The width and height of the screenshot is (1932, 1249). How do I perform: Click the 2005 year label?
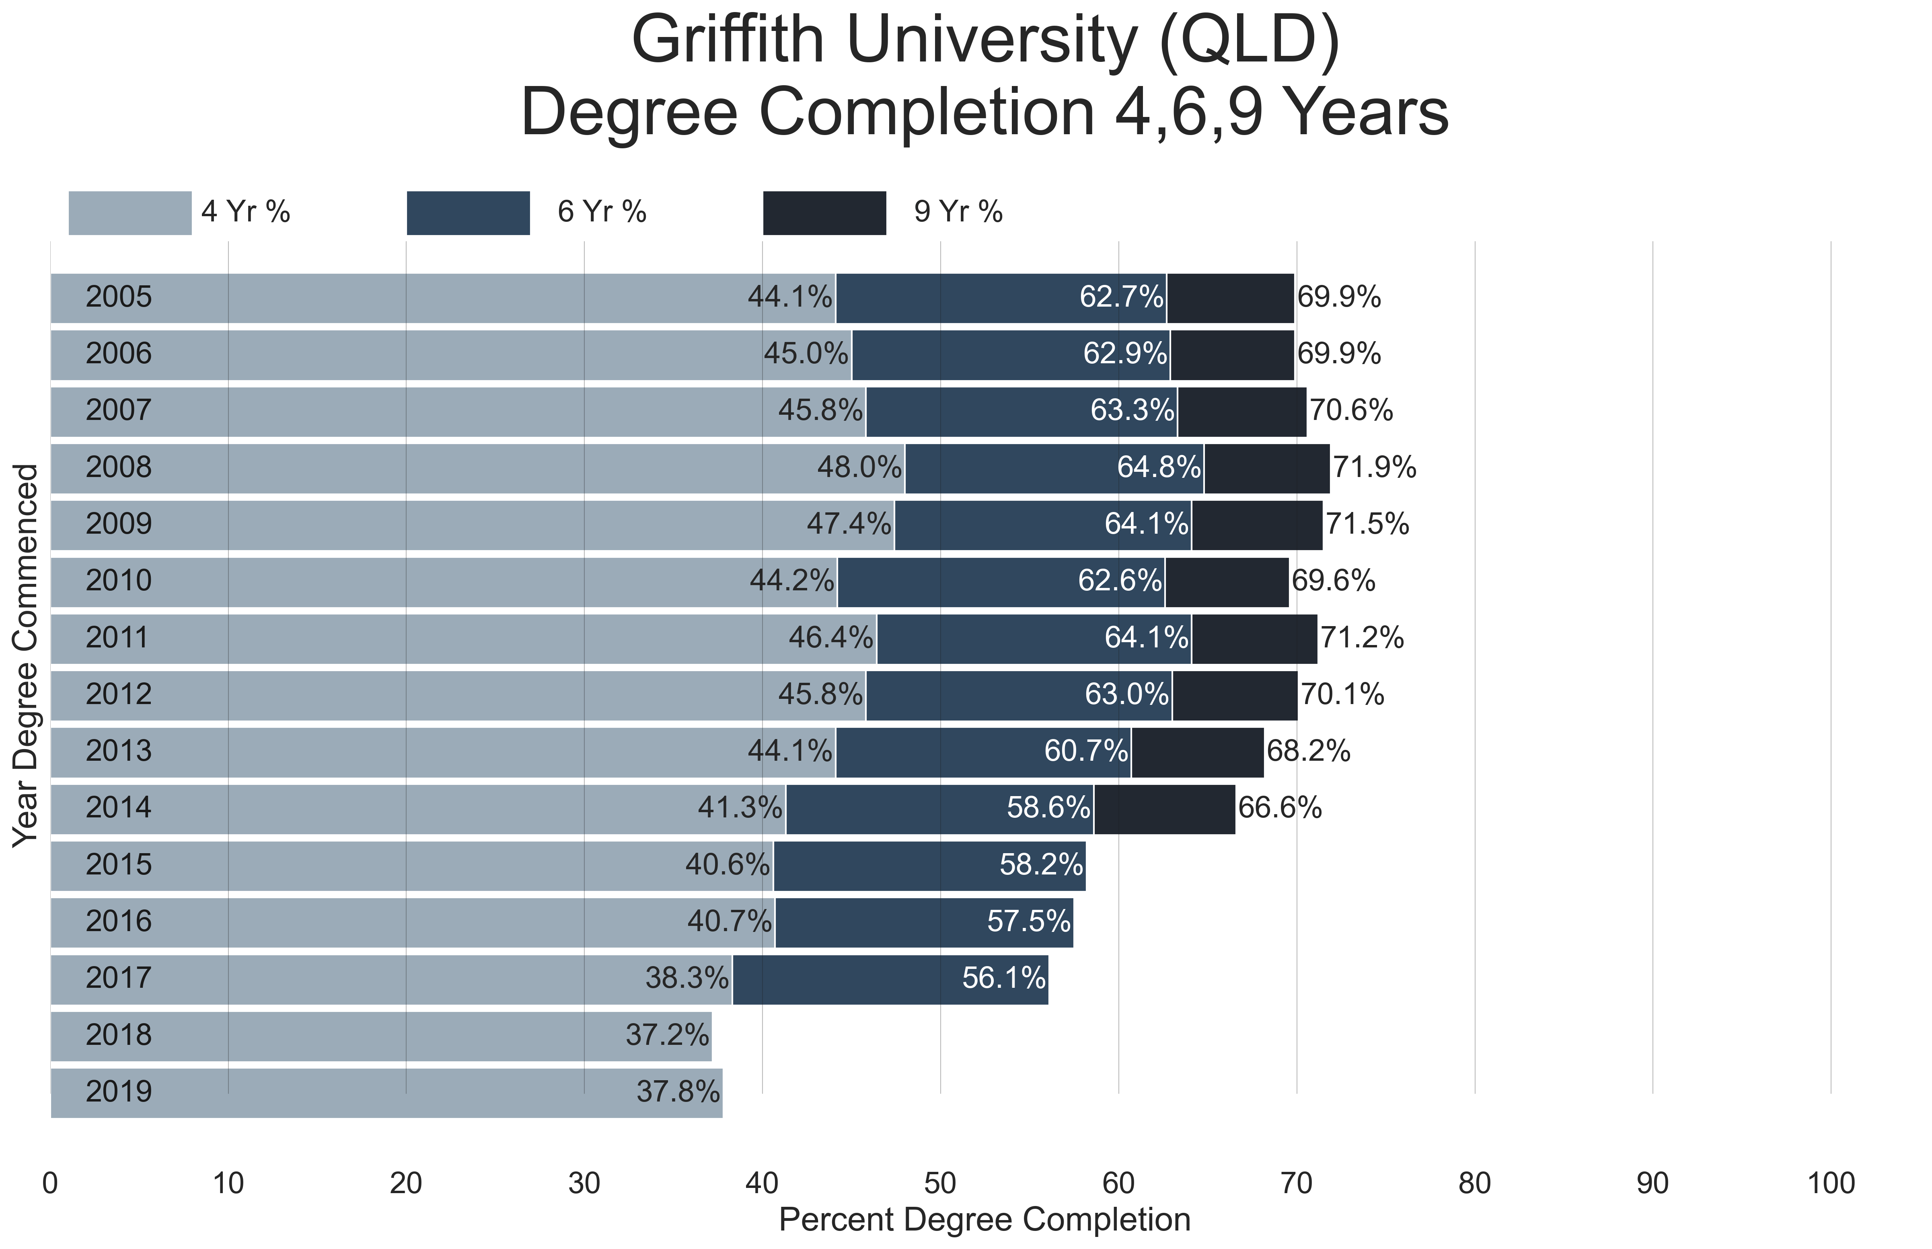click(x=119, y=297)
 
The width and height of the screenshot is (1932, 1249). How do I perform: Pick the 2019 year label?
click(x=119, y=1091)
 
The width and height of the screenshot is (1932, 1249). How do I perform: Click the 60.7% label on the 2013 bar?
click(x=1086, y=752)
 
